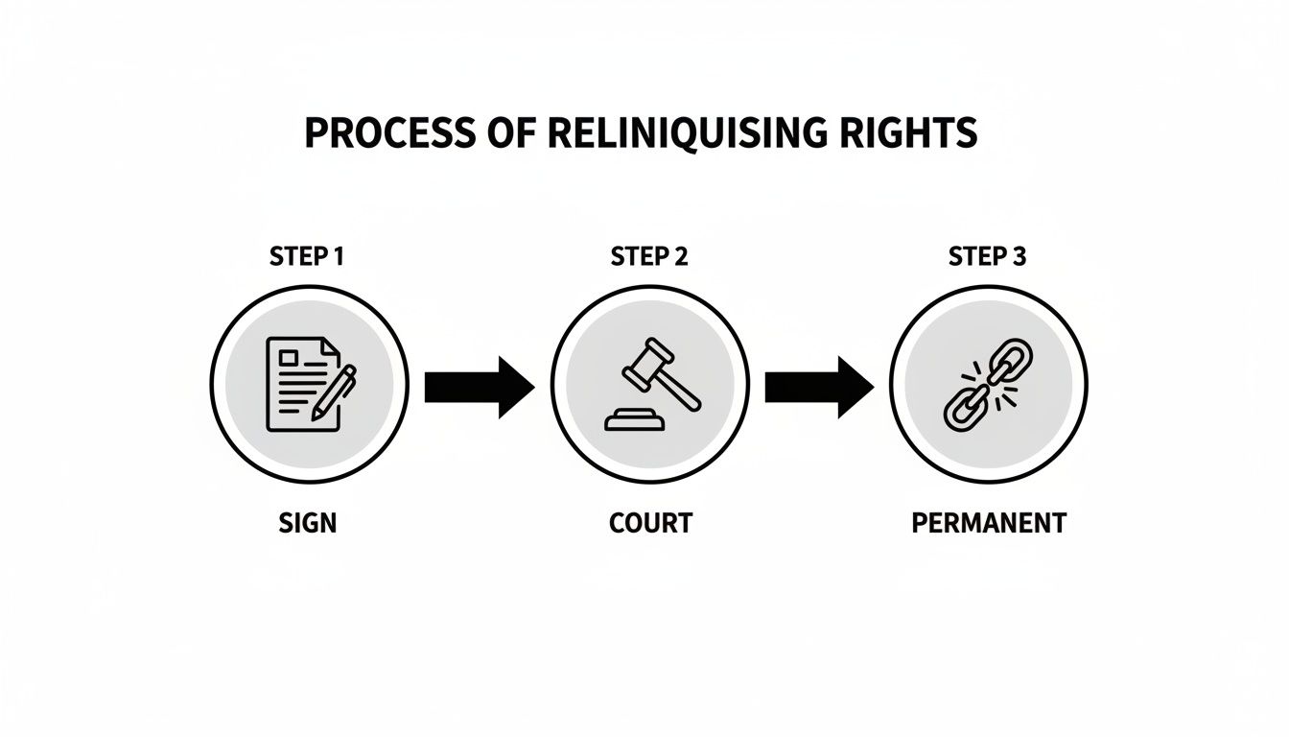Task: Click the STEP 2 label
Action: [648, 257]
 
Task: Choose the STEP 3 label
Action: [988, 257]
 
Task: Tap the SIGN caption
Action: [308, 524]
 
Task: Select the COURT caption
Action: [649, 524]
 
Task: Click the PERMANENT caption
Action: [988, 524]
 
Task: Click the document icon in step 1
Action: [299, 382]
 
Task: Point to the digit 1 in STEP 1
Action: [339, 257]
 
